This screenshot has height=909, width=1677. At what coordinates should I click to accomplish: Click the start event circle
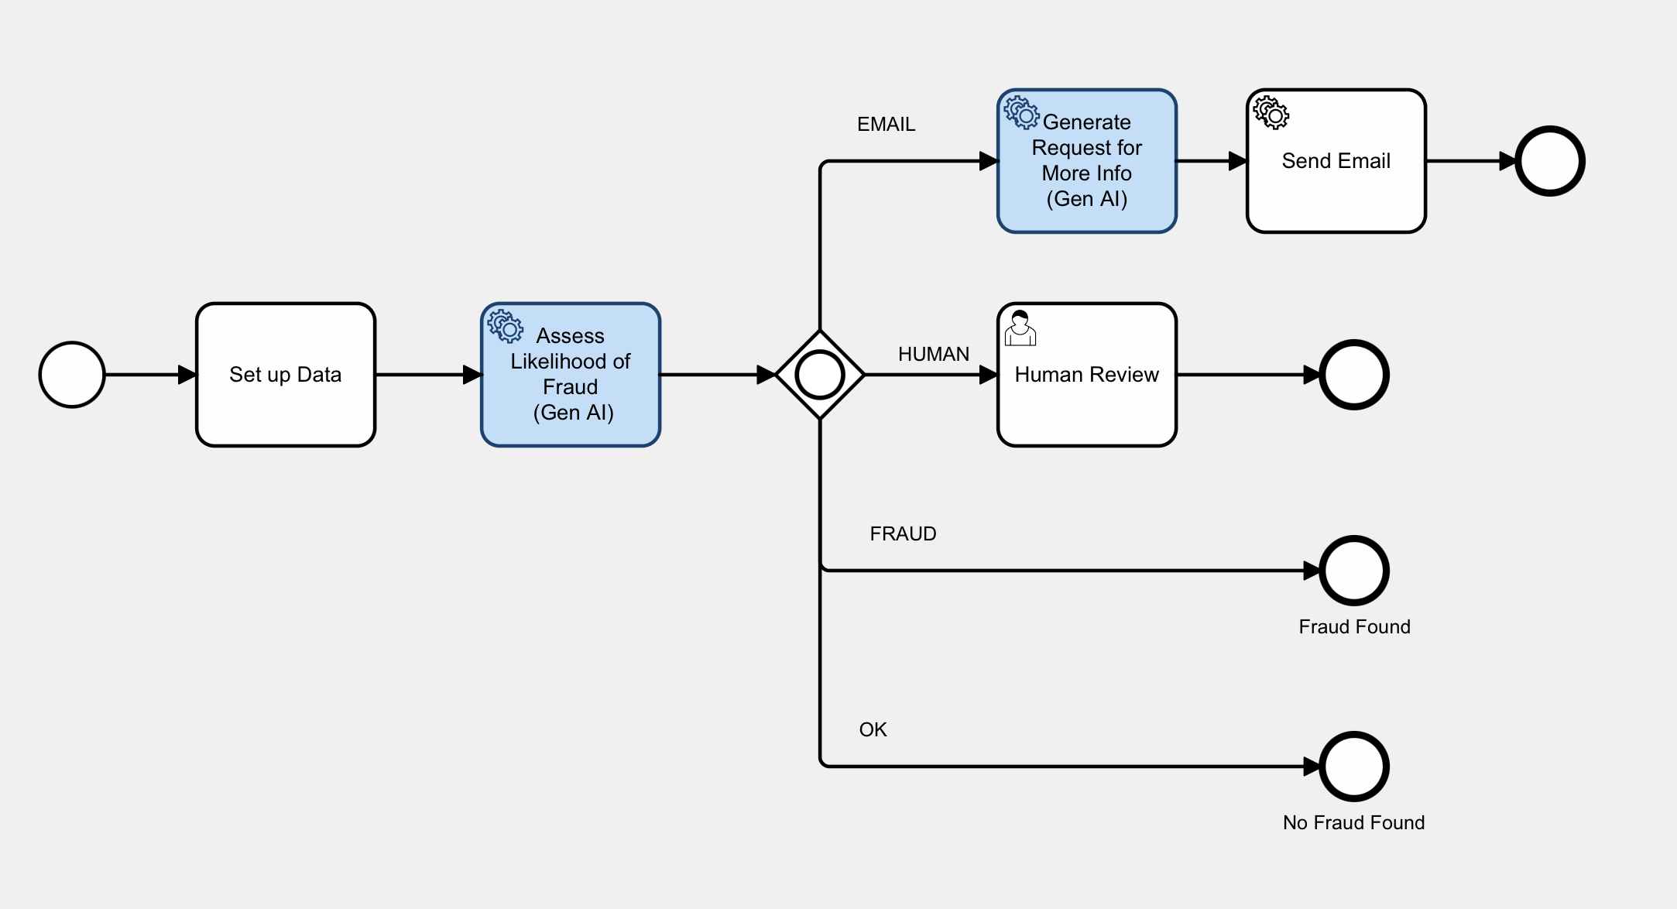click(x=72, y=375)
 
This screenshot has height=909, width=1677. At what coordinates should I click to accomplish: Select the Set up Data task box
click(x=285, y=375)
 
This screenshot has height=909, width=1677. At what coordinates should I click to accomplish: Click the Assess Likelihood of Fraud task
click(x=571, y=375)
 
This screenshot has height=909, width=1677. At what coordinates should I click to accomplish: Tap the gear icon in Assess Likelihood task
click(x=506, y=326)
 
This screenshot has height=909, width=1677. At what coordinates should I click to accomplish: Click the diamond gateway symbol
click(x=820, y=375)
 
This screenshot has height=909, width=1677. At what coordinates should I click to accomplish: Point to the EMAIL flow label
click(x=886, y=124)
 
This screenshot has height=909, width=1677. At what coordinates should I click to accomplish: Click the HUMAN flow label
click(x=933, y=354)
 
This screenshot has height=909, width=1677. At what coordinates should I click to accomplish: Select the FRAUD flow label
click(x=903, y=533)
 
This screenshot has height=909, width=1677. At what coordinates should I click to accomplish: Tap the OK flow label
click(x=873, y=729)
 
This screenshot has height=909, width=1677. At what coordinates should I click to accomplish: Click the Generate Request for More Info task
click(x=1086, y=161)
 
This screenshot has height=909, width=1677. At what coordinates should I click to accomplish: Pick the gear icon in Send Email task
click(x=1271, y=112)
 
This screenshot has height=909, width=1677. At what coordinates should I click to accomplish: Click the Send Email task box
click(x=1336, y=161)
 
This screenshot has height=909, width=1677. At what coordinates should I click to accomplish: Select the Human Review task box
click(x=1086, y=375)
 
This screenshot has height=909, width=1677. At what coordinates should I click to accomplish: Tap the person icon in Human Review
click(x=1020, y=328)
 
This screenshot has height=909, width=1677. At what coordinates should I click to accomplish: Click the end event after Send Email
click(x=1549, y=161)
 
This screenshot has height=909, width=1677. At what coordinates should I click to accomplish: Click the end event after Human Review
click(x=1354, y=375)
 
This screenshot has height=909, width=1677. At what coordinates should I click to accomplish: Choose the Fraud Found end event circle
click(x=1354, y=571)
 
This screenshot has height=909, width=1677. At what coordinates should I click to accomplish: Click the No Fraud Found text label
click(x=1353, y=822)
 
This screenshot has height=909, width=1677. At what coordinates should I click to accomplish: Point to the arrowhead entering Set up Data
click(x=187, y=375)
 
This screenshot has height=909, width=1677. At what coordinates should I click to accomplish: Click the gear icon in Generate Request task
click(x=1021, y=112)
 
